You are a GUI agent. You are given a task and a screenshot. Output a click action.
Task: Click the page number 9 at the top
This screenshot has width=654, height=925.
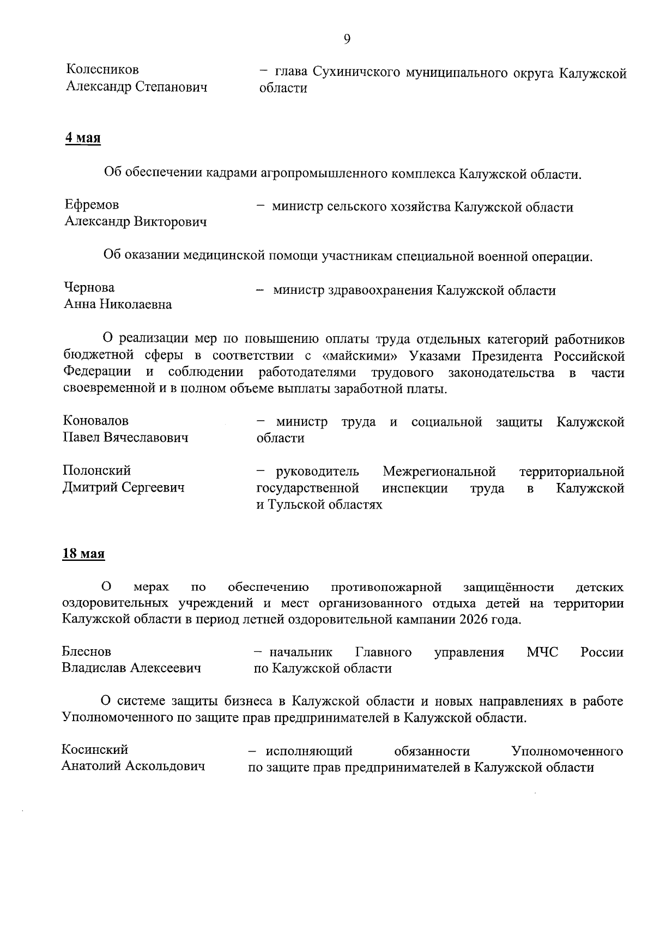coord(347,39)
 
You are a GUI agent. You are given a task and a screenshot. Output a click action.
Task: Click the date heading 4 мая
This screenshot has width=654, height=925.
coord(83,138)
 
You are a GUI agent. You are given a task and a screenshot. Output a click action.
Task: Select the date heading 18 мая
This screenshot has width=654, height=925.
coord(83,554)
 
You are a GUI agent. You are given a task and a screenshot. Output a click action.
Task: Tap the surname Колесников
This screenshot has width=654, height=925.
coord(102,70)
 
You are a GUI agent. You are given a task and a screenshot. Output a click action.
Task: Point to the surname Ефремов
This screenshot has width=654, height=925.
coord(92,205)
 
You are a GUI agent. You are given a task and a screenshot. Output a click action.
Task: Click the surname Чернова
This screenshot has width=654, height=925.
coord(89,287)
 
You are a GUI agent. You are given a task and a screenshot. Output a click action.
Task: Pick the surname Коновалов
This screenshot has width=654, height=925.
coord(96,421)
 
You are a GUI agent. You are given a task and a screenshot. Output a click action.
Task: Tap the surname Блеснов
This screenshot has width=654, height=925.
coord(87,651)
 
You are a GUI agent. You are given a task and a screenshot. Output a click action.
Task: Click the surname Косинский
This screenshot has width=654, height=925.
coord(95,749)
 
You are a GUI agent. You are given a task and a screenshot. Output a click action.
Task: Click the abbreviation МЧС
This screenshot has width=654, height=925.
coord(543,652)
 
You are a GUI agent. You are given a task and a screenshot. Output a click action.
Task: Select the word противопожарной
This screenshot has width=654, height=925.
coord(386,588)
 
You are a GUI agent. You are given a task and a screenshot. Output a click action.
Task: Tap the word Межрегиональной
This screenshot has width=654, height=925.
coord(439,471)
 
